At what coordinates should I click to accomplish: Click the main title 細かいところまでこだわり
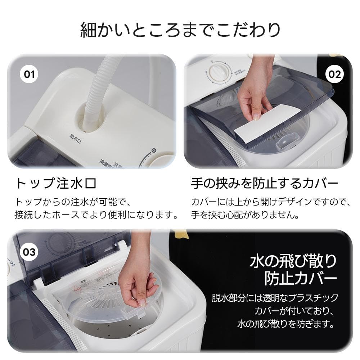point(180,30)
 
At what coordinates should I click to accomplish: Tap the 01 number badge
point(29,75)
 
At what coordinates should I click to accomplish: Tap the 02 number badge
point(334,74)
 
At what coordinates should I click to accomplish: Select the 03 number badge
point(29,252)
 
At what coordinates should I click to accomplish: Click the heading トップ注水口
point(55,184)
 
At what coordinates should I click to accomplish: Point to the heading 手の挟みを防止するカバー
point(264,184)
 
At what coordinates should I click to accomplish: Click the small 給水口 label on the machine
point(76,135)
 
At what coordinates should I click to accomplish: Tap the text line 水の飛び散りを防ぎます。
point(284,324)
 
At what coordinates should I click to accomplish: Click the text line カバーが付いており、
point(295,311)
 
